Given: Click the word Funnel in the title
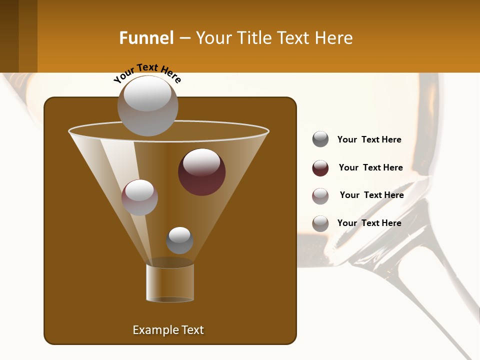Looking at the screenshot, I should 146,38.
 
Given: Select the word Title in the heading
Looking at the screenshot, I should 253,38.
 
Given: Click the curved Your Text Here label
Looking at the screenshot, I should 147,73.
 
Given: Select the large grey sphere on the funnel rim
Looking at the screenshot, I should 147,105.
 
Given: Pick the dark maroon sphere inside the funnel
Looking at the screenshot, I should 201,171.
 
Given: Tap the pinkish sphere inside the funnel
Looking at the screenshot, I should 139,197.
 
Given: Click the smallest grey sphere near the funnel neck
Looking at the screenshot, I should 179,240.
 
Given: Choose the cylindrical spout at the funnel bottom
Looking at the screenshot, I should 170,282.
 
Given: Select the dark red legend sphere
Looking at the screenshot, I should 320,168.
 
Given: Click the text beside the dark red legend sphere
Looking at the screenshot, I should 370,167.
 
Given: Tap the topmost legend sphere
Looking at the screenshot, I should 320,139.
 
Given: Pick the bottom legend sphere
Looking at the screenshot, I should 320,223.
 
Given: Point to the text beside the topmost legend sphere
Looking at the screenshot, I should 369,139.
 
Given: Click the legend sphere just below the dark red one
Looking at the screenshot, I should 320,196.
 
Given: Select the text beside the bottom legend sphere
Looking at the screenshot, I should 369,223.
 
